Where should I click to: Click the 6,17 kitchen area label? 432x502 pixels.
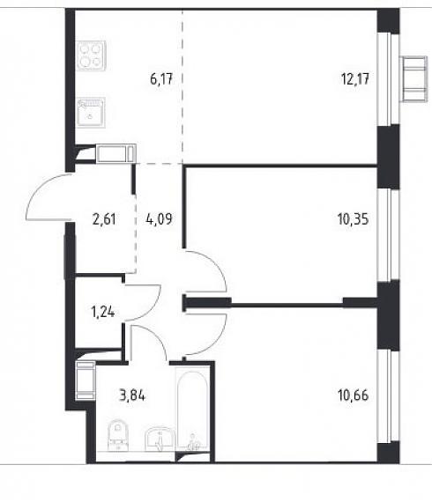pyautogui.click(x=161, y=78)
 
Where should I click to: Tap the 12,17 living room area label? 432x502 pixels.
pyautogui.click(x=355, y=78)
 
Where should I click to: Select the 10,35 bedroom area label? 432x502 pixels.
pyautogui.click(x=354, y=219)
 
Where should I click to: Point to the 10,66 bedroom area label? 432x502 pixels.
pyautogui.click(x=354, y=395)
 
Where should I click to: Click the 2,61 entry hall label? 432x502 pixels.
pyautogui.click(x=104, y=219)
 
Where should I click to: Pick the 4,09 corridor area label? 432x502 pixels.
pyautogui.click(x=159, y=219)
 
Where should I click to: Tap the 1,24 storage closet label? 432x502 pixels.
pyautogui.click(x=103, y=312)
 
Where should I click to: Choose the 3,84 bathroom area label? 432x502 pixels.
pyautogui.click(x=132, y=395)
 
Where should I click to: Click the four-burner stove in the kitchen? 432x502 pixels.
pyautogui.click(x=91, y=55)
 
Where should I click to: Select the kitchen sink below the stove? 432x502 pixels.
pyautogui.click(x=91, y=112)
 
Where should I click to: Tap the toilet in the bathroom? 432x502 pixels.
pyautogui.click(x=117, y=434)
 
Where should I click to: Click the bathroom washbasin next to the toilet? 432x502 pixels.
pyautogui.click(x=160, y=439)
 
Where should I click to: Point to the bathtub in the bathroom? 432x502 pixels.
pyautogui.click(x=192, y=410)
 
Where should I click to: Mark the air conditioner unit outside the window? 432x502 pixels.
pyautogui.click(x=414, y=79)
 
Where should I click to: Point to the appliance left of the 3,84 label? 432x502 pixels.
pyautogui.click(x=86, y=380)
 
